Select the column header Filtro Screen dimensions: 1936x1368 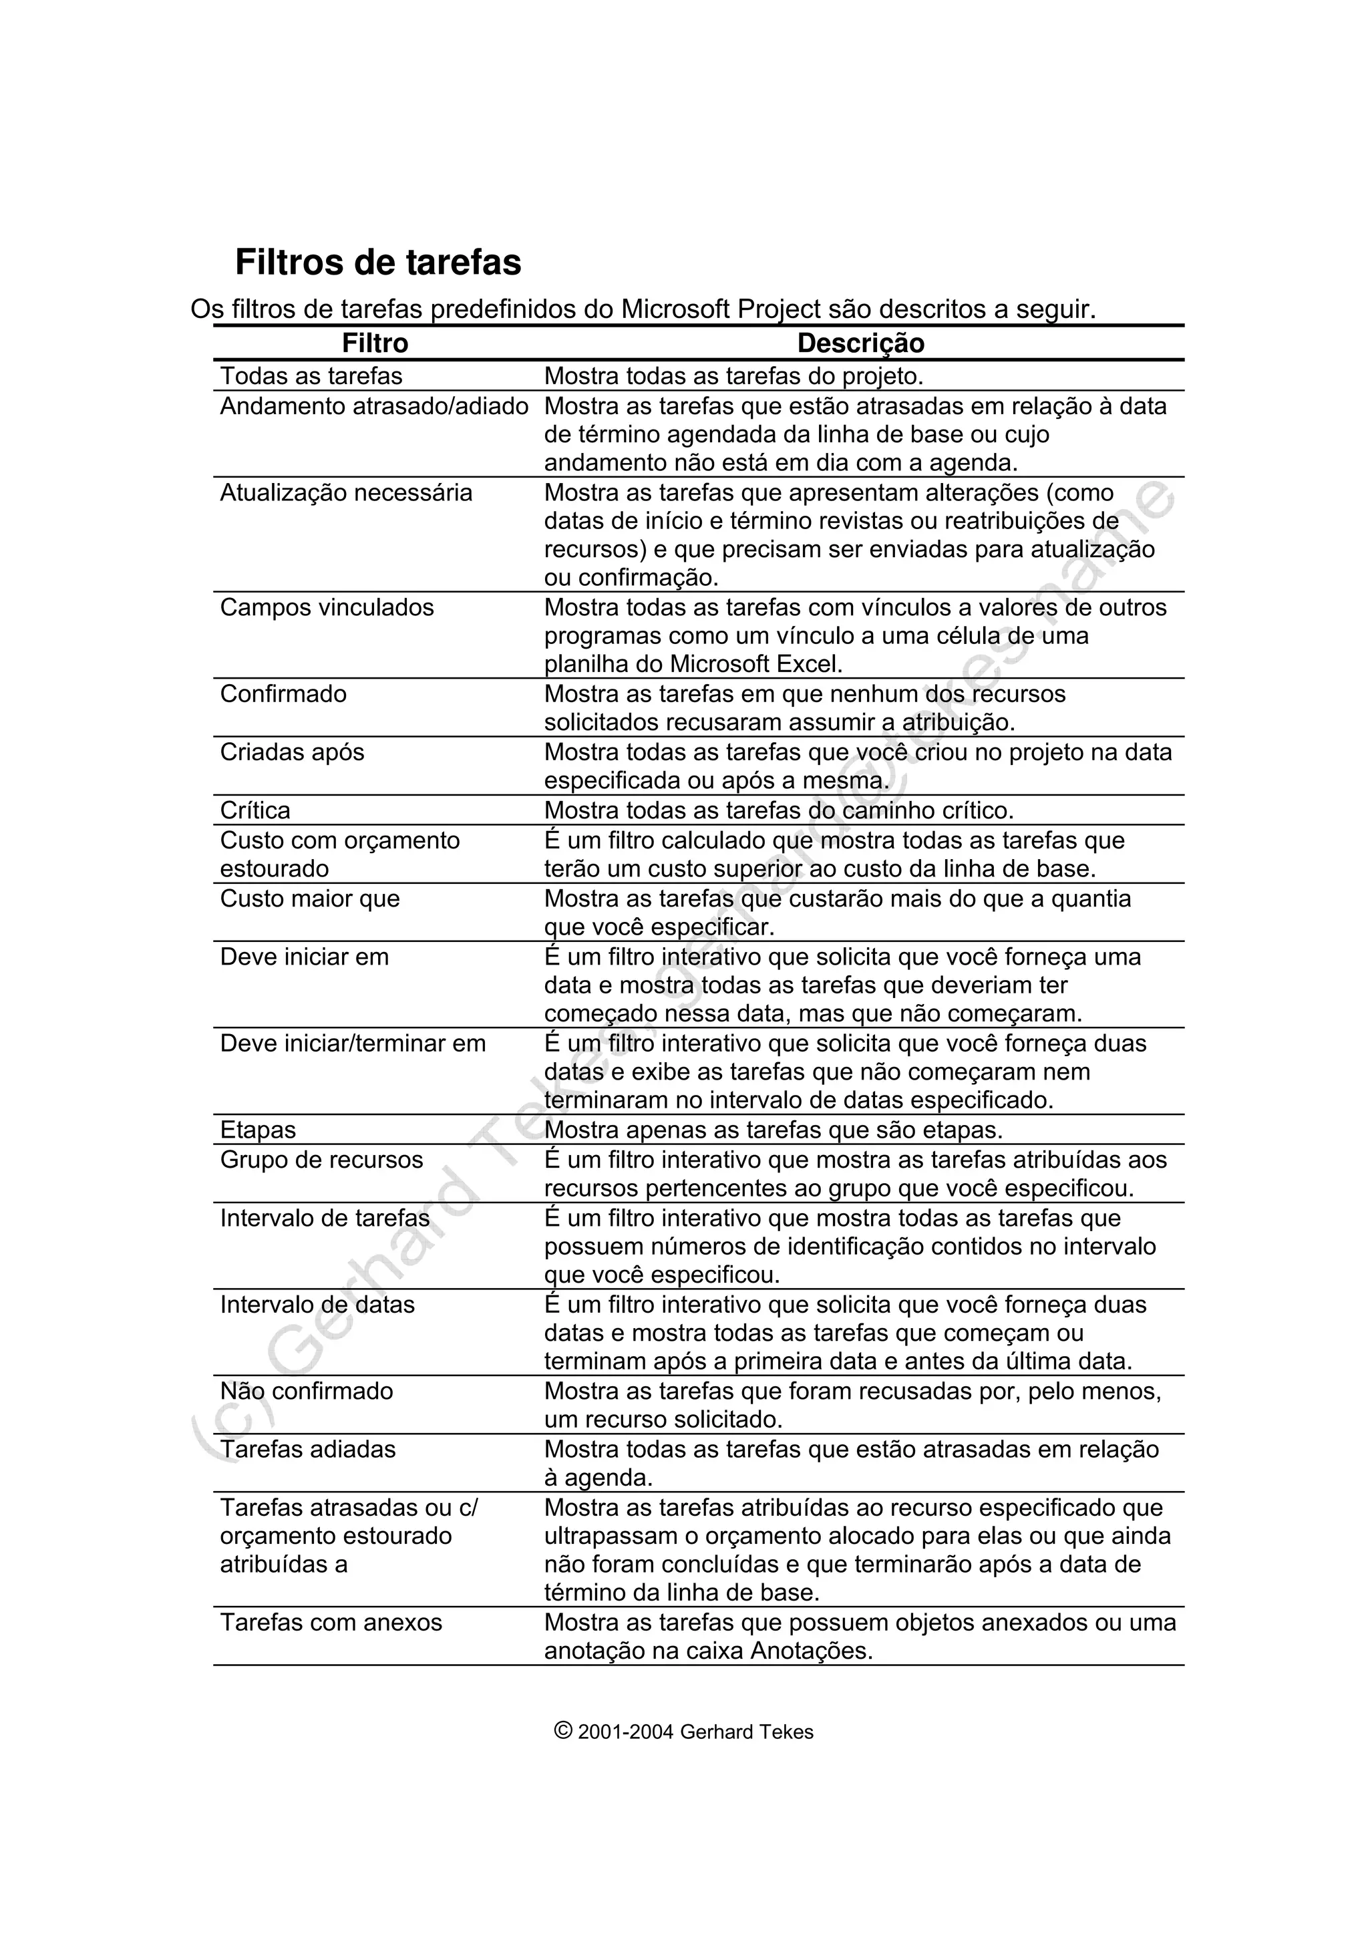tap(375, 343)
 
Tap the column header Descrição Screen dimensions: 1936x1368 tap(860, 343)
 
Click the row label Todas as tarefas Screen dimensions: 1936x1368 tap(311, 376)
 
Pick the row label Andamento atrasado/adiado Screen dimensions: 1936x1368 tap(374, 406)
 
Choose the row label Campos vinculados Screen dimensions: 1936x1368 tap(327, 607)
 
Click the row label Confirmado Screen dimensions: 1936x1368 tap(283, 694)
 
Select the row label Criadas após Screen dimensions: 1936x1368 tap(292, 752)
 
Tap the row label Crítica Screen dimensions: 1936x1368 tap(254, 810)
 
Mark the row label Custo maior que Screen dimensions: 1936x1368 tap(309, 899)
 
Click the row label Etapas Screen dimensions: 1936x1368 tap(258, 1130)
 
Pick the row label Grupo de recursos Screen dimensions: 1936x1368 tap(321, 1160)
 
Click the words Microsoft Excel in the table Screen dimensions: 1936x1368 tap(755, 665)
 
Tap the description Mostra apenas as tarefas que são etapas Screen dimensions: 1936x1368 tap(773, 1130)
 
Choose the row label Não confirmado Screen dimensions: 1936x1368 tap(306, 1392)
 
